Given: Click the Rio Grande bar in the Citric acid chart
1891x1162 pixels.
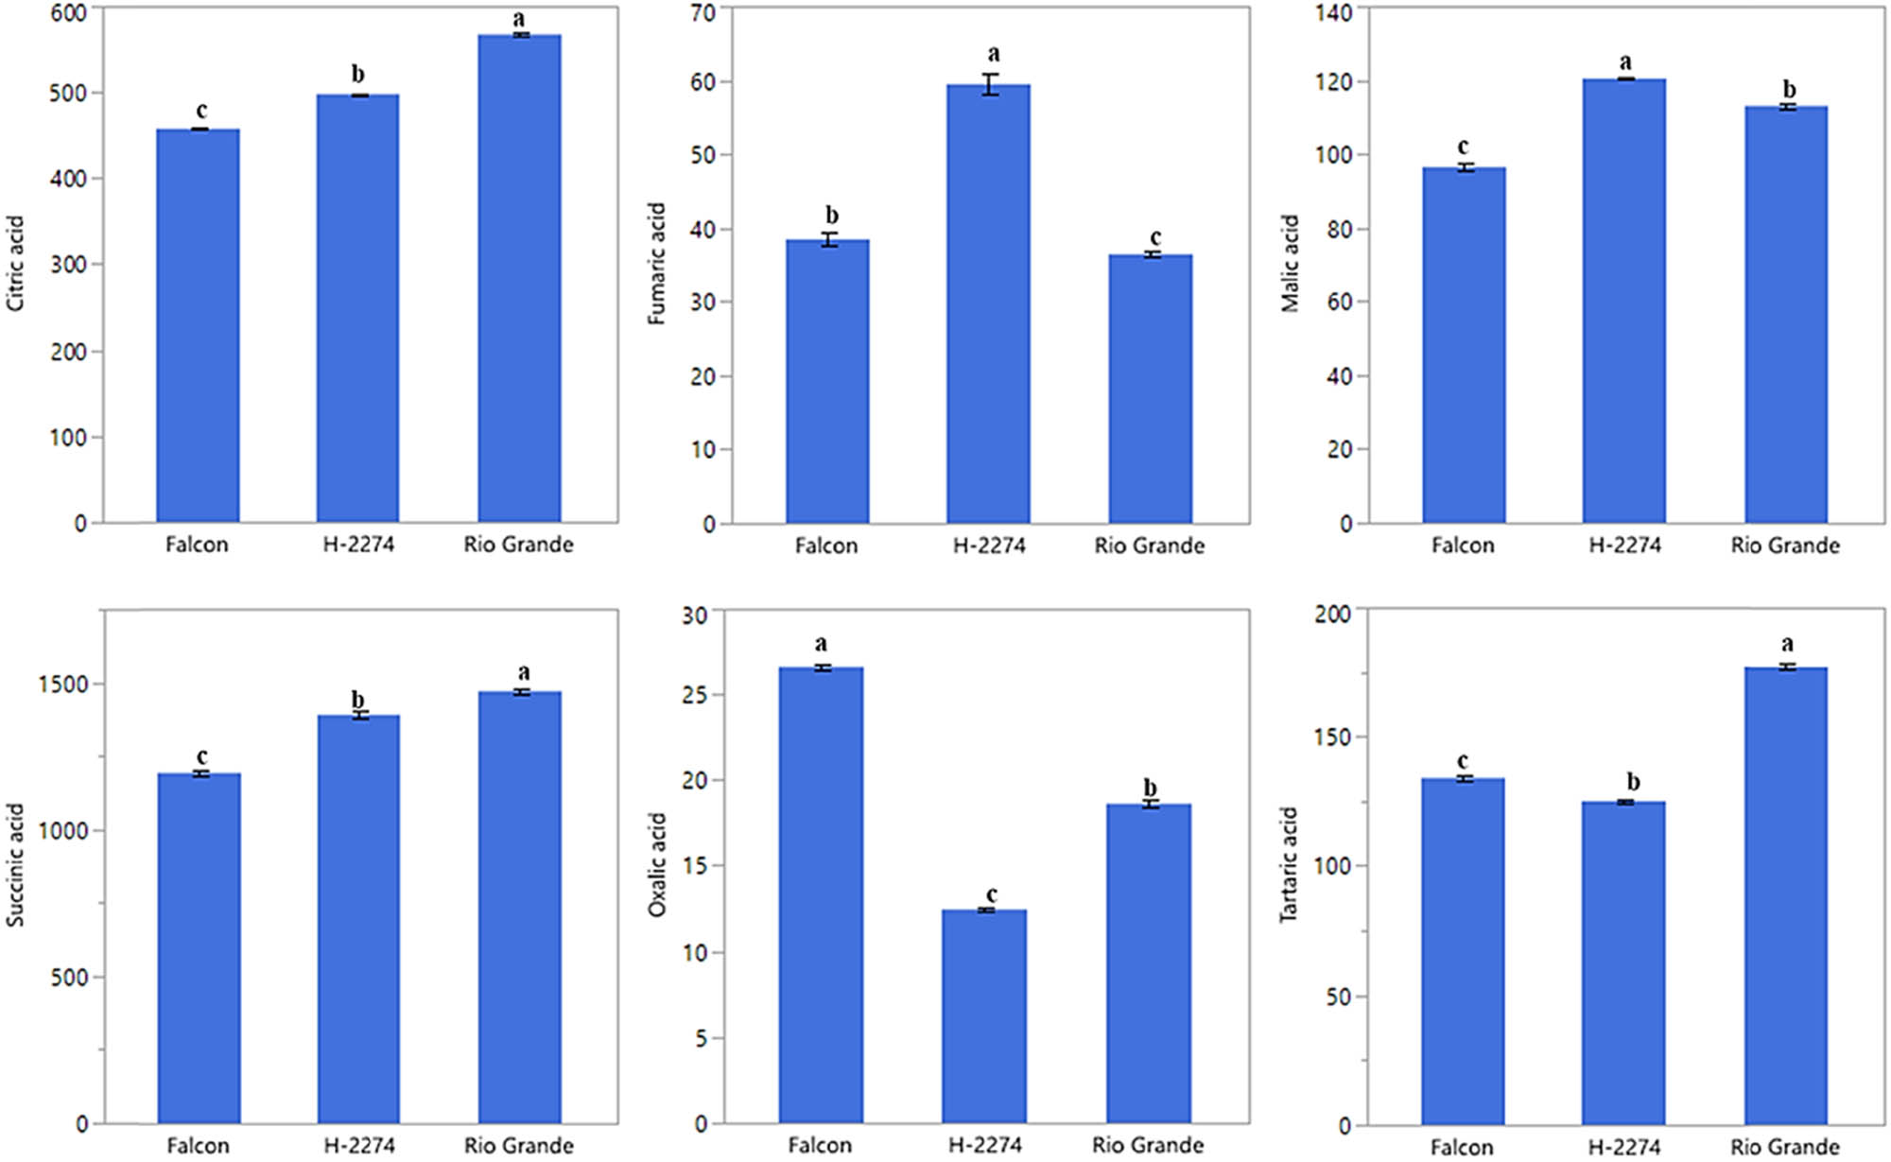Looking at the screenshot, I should (x=519, y=279).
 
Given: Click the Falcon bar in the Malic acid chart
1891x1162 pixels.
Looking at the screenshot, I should (x=1463, y=345).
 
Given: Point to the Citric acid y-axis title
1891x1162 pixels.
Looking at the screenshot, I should (x=15, y=264).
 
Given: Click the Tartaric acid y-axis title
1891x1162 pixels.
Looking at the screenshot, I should (x=1288, y=864).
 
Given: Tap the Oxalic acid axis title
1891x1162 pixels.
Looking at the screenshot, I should (x=657, y=864).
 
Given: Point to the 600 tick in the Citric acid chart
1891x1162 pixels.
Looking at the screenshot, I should (x=68, y=12).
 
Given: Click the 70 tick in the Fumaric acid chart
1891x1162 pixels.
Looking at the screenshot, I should (x=703, y=12).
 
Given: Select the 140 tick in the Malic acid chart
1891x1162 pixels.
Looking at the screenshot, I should (x=1333, y=12).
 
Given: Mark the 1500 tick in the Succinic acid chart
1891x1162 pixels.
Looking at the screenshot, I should (x=63, y=685).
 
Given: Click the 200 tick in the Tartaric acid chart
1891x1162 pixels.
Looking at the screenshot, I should (x=1332, y=615).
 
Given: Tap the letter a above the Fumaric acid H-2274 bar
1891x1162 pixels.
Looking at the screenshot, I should (x=993, y=54).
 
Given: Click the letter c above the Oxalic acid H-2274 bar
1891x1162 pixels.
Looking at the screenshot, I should (x=991, y=893).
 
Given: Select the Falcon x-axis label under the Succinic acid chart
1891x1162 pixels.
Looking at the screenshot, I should (x=198, y=1146).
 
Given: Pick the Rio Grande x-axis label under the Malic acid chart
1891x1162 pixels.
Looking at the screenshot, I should (x=1785, y=546).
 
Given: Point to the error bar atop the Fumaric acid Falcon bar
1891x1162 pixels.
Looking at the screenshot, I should (x=829, y=240).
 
